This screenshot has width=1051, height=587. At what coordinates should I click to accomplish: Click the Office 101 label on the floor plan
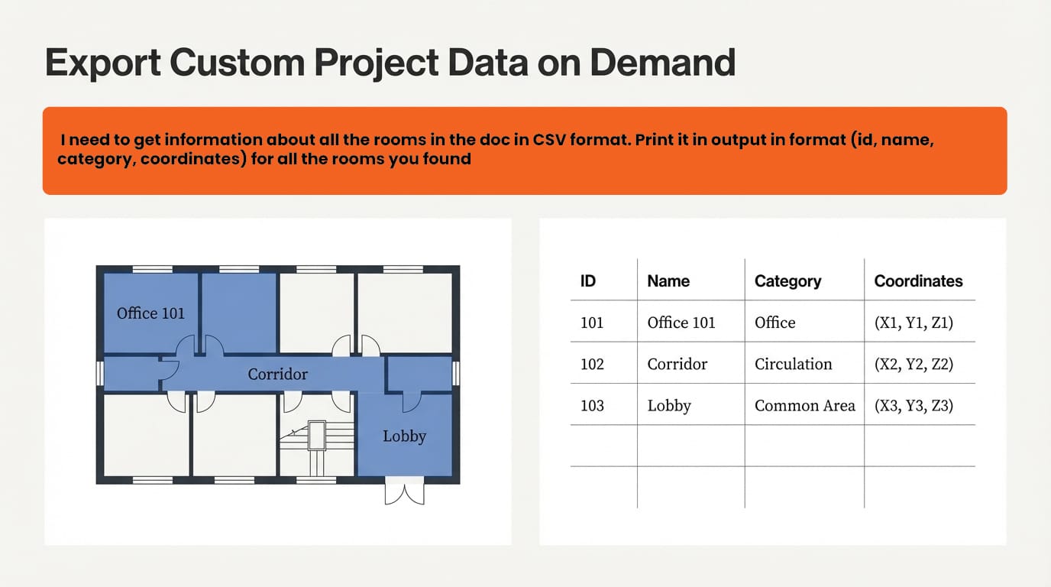[x=150, y=313]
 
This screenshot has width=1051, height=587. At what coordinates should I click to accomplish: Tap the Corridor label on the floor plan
[x=278, y=375]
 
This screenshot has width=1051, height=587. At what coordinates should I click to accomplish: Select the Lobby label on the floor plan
[x=404, y=436]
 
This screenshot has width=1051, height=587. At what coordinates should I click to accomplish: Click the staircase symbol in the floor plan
[x=316, y=443]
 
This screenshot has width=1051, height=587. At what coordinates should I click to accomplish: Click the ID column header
[x=587, y=281]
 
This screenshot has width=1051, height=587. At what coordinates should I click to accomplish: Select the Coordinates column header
[x=918, y=281]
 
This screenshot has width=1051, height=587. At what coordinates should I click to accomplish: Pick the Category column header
[x=787, y=281]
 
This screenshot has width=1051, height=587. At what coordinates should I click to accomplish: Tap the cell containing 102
[x=592, y=364]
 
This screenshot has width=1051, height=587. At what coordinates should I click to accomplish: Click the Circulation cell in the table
[x=793, y=364]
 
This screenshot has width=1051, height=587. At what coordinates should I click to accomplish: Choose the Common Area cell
[x=804, y=405]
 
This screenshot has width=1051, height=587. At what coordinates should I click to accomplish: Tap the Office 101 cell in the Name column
[x=681, y=323]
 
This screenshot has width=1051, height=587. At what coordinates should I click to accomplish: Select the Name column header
[x=668, y=281]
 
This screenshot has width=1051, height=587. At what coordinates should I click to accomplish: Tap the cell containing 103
[x=592, y=405]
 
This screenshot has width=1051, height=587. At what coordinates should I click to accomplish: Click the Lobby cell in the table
[x=669, y=405]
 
